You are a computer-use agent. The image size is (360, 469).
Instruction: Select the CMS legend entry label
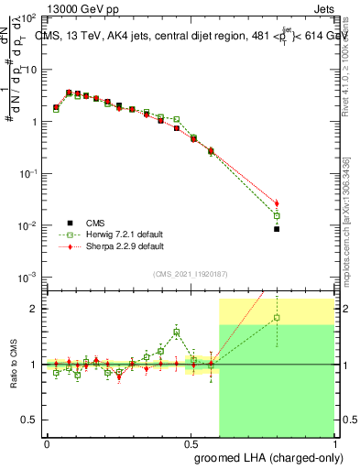(x=94, y=223)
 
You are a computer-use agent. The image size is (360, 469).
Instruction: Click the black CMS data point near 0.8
(x=277, y=229)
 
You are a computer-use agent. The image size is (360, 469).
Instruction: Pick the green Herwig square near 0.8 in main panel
(x=277, y=216)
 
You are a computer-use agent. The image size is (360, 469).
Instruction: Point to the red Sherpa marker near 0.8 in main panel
(x=277, y=203)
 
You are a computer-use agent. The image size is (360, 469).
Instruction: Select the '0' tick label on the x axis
(x=48, y=442)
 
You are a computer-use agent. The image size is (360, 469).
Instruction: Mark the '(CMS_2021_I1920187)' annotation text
(x=191, y=273)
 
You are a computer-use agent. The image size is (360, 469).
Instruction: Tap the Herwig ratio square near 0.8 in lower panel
(x=277, y=318)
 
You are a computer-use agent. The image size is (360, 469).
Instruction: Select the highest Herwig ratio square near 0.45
(x=177, y=333)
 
